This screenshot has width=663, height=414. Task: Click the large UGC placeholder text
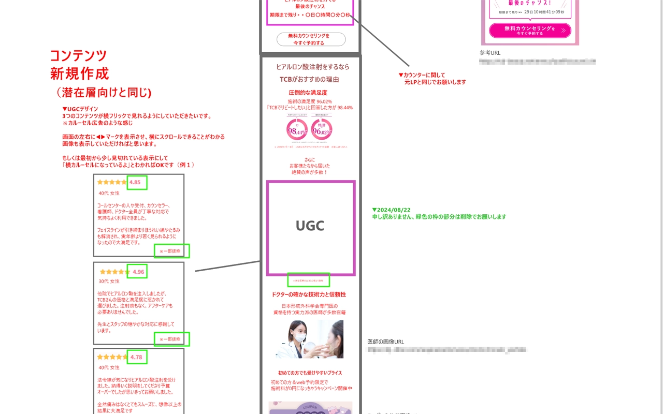pyautogui.click(x=310, y=226)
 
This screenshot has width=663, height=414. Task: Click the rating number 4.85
pyautogui.click(x=135, y=182)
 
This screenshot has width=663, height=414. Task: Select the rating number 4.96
pyautogui.click(x=138, y=272)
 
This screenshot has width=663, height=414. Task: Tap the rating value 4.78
pyautogui.click(x=136, y=357)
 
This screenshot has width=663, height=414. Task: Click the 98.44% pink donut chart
pyautogui.click(x=297, y=130)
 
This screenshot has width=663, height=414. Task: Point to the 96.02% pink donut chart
pyautogui.click(x=322, y=130)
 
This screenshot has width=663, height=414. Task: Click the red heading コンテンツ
pyautogui.click(x=78, y=56)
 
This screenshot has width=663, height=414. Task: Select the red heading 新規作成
pyautogui.click(x=79, y=73)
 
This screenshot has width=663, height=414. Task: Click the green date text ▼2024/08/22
pyautogui.click(x=391, y=210)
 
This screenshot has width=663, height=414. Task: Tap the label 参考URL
pyautogui.click(x=490, y=53)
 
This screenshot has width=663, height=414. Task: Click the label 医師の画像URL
pyautogui.click(x=385, y=342)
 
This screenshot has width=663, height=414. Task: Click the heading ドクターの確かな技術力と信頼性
pyautogui.click(x=309, y=294)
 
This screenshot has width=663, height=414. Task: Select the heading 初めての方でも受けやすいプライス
pyautogui.click(x=310, y=373)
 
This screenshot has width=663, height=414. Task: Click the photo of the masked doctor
pyautogui.click(x=309, y=339)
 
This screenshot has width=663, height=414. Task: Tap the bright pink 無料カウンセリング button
pyautogui.click(x=529, y=31)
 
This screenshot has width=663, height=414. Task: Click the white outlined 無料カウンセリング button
pyautogui.click(x=311, y=39)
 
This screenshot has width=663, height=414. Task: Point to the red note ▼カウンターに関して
pyautogui.click(x=422, y=75)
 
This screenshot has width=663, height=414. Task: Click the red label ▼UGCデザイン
pyautogui.click(x=80, y=109)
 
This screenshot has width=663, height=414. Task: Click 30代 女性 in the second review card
pyautogui.click(x=109, y=282)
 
